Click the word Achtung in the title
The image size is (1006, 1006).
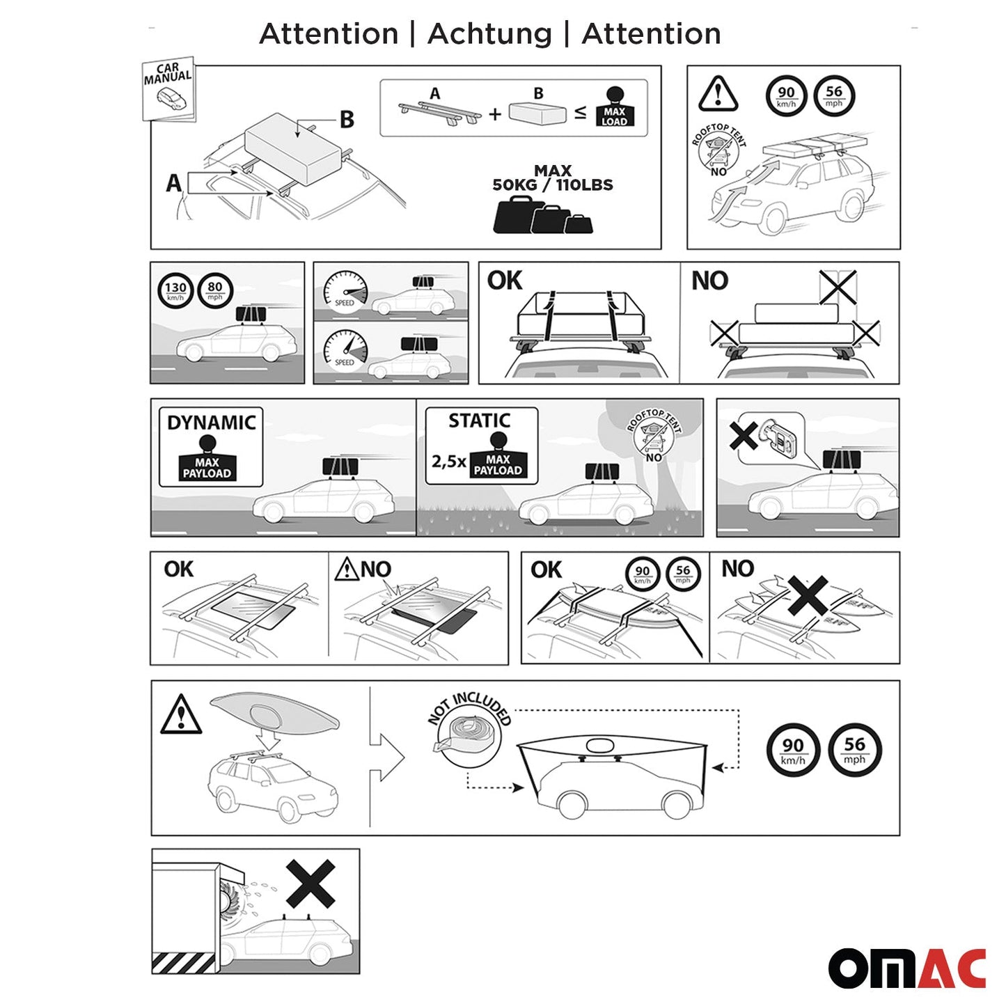tap(489, 33)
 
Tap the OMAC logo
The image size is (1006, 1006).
tap(906, 968)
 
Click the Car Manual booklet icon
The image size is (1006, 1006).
tap(168, 89)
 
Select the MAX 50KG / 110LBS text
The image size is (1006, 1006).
tap(553, 178)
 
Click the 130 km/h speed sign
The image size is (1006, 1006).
tap(175, 290)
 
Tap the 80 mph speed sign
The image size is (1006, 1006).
tap(215, 290)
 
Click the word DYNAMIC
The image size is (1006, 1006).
tap(211, 423)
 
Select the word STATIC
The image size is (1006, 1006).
tap(479, 421)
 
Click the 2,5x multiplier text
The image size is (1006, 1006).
tap(448, 461)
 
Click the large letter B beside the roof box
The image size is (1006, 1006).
tap(346, 120)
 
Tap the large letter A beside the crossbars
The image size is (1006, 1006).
tap(173, 183)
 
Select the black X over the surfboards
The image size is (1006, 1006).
tap(808, 595)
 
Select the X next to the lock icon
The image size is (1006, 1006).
tap(743, 437)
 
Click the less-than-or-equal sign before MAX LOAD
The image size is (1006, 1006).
tap(580, 113)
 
